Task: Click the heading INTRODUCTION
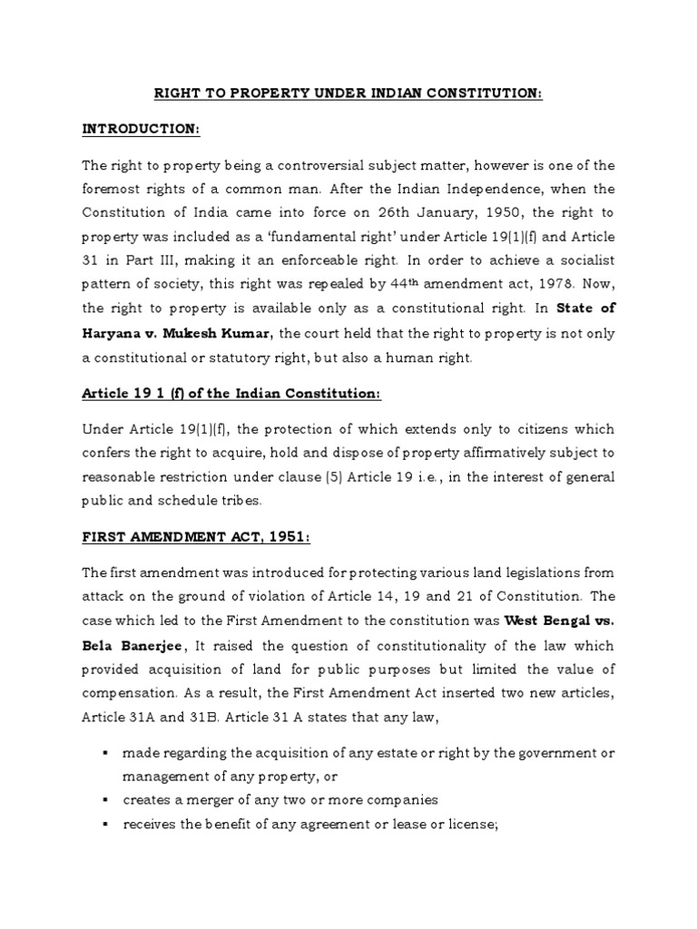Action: pos(140,130)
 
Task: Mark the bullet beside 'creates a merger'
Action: pos(106,800)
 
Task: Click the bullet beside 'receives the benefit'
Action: pos(106,824)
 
